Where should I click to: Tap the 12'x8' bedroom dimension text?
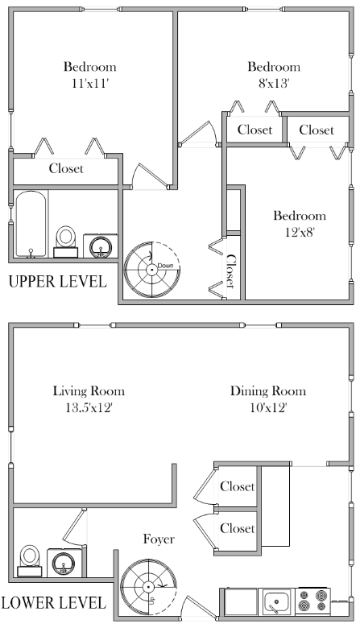point(299,231)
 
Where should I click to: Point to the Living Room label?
point(89,391)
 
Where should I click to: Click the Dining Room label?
point(268,391)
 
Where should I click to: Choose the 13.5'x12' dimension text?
point(89,407)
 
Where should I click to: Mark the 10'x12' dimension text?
point(268,407)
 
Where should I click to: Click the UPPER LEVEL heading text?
point(57,282)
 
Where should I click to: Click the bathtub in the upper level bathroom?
point(32,224)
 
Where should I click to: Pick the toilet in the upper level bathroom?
point(66,239)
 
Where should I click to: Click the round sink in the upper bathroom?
point(101,245)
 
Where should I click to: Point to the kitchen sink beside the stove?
point(279,601)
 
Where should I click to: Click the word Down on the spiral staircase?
point(166,266)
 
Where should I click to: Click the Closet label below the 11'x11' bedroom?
point(66,168)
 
